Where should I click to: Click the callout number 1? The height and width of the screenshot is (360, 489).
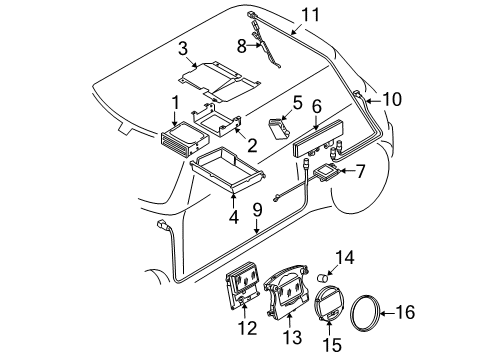click(176, 102)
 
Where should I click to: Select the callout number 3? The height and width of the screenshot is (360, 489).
click(183, 49)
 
